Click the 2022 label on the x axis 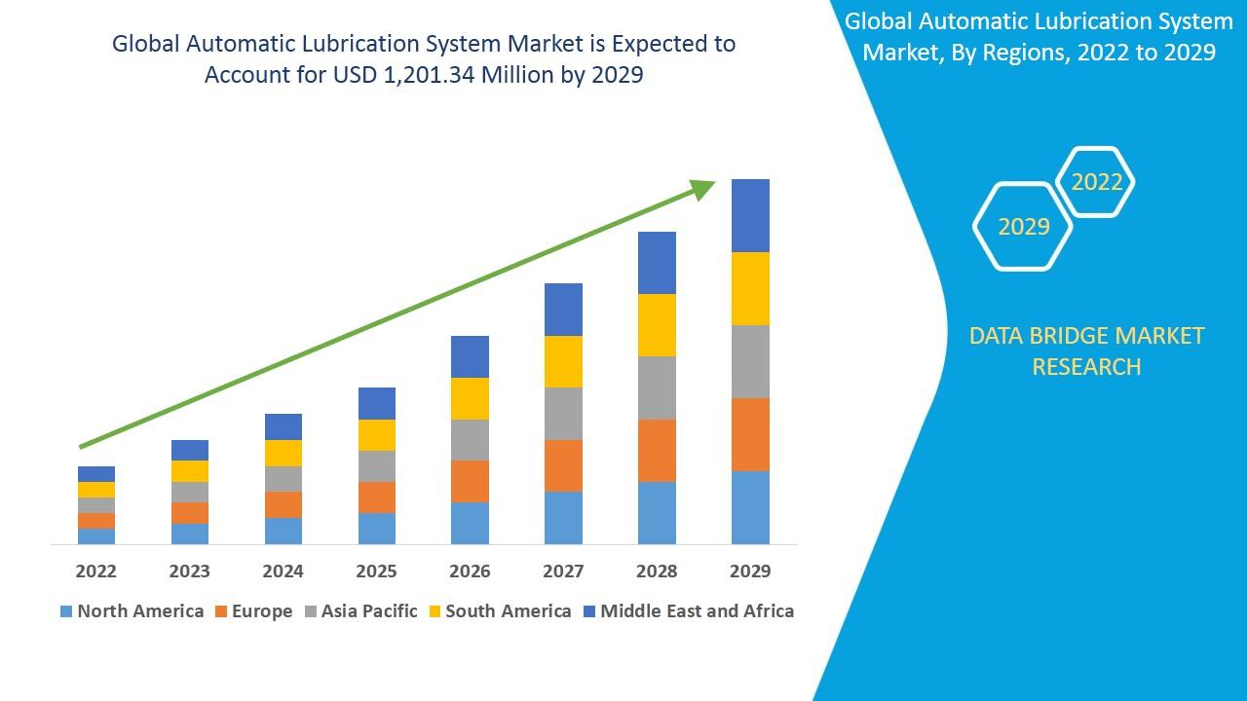click(95, 572)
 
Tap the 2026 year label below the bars click(470, 572)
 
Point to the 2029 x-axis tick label click(750, 572)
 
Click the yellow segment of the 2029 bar click(750, 288)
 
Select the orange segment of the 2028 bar click(657, 450)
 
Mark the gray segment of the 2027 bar click(563, 414)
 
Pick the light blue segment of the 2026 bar click(470, 523)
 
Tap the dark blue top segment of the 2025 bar click(377, 403)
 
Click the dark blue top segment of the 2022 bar click(96, 474)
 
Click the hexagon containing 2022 click(1096, 182)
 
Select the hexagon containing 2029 click(1023, 226)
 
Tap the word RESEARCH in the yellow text click(1086, 367)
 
